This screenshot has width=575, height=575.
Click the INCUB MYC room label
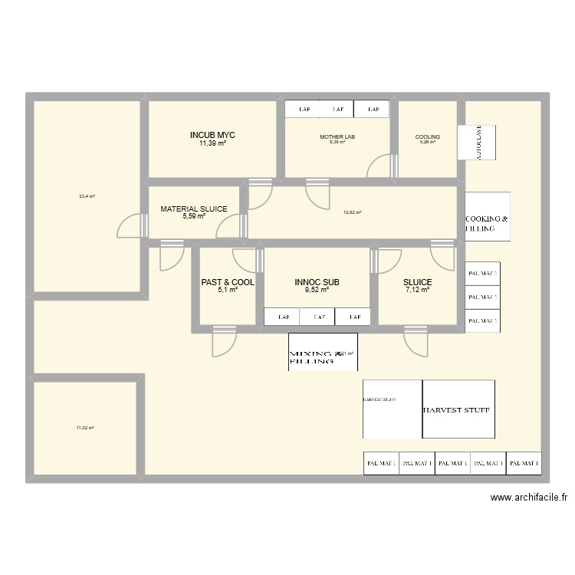(x=212, y=135)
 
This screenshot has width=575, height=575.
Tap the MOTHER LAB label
(x=337, y=137)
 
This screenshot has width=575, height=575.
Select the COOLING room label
(x=427, y=137)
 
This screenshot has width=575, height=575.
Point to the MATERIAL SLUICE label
(x=193, y=209)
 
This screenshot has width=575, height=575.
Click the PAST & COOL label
(x=228, y=282)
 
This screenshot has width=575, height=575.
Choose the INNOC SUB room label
(x=317, y=282)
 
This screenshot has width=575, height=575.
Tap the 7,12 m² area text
(x=418, y=290)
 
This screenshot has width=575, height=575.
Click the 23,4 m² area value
(x=87, y=196)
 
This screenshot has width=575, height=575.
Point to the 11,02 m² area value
(x=85, y=427)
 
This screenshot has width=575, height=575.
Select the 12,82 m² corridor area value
(x=353, y=212)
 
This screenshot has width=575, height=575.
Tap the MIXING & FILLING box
(x=322, y=353)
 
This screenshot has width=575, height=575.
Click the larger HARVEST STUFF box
(x=458, y=409)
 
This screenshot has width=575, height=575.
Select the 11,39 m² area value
(x=212, y=143)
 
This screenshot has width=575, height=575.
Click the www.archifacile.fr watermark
(x=529, y=497)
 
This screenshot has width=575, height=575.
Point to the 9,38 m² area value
(x=337, y=143)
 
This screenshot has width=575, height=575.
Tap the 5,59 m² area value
(x=193, y=216)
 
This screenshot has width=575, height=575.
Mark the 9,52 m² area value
(x=317, y=290)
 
